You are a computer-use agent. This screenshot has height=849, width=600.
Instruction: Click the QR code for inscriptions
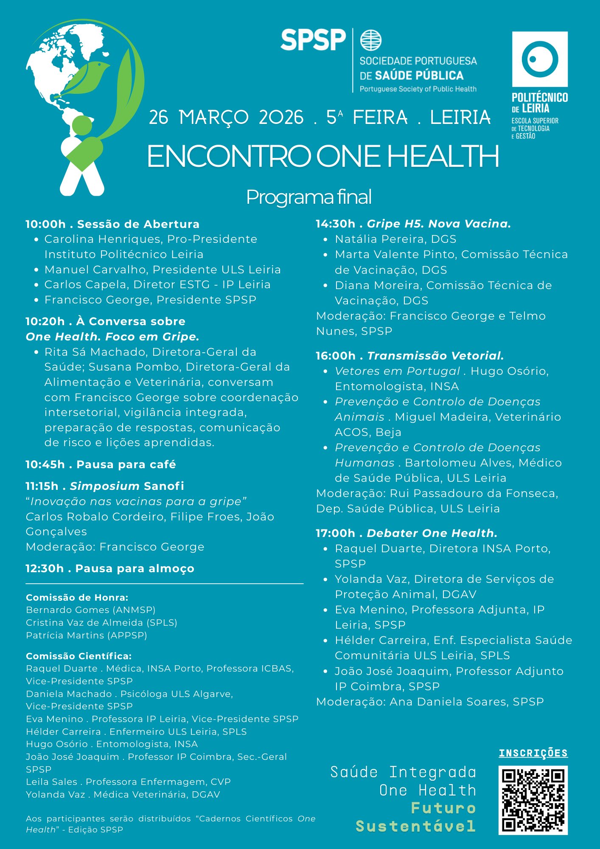tap(533, 800)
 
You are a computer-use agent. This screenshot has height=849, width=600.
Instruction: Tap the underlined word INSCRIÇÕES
tap(533, 753)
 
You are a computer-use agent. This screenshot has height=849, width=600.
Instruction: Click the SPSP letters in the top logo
tap(313, 40)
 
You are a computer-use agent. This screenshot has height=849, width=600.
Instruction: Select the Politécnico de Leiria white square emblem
tap(540, 59)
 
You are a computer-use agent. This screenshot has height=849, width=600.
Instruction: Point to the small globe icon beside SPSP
tap(371, 40)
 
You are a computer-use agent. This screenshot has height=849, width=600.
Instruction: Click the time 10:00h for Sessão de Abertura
tap(45, 224)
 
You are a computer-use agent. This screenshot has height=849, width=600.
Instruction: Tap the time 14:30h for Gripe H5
tap(335, 224)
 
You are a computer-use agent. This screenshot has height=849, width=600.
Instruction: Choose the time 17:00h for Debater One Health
tap(335, 533)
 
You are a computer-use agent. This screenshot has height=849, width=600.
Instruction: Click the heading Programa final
tap(309, 197)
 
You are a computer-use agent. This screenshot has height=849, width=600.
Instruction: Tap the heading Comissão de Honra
tap(77, 598)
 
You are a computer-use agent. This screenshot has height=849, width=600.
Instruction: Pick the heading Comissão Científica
tap(79, 656)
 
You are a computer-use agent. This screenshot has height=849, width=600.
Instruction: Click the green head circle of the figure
tap(82, 126)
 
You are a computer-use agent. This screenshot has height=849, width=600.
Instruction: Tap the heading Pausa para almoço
tap(135, 569)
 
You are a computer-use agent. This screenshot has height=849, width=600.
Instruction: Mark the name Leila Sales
tap(51, 782)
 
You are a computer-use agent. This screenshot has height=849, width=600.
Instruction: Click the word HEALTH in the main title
tap(443, 157)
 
